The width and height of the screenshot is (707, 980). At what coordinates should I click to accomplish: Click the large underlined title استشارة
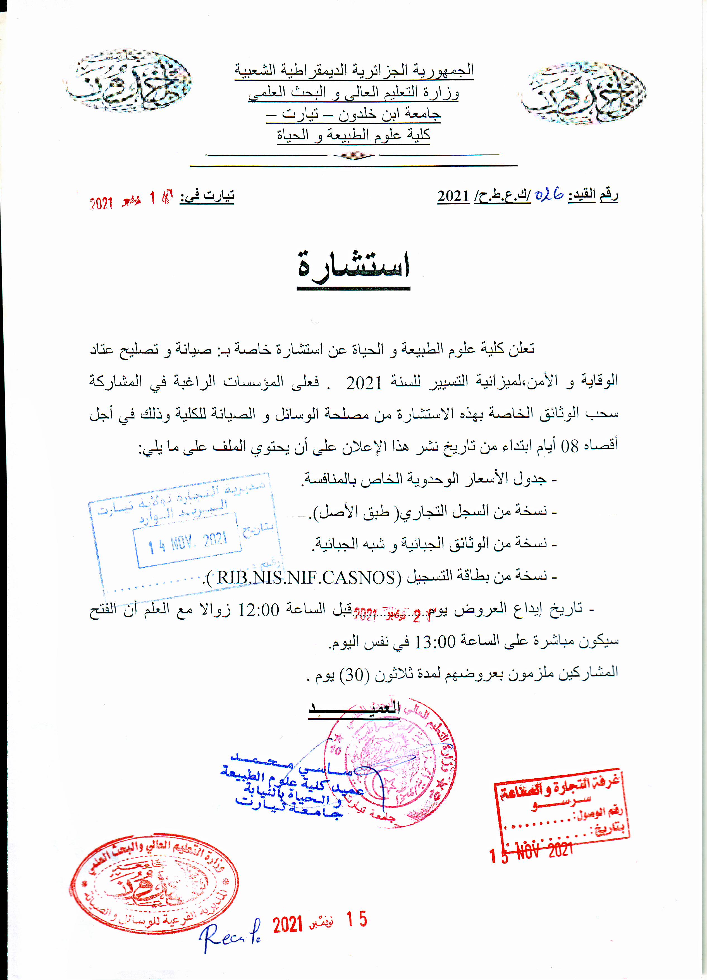click(x=353, y=268)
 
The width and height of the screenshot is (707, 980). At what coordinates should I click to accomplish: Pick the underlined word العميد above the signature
click(x=354, y=708)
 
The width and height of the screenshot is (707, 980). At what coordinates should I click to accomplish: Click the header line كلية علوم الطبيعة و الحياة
click(x=353, y=135)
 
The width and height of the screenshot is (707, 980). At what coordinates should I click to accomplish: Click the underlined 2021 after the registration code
click(x=453, y=197)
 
